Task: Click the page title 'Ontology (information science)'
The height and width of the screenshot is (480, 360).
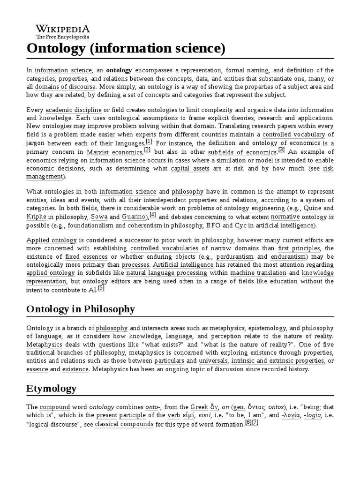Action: tap(126, 48)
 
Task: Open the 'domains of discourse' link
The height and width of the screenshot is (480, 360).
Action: tap(65, 87)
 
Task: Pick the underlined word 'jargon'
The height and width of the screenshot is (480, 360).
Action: tap(35, 143)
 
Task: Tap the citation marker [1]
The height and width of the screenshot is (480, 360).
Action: tap(149, 141)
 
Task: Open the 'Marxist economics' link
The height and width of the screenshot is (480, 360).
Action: tap(114, 152)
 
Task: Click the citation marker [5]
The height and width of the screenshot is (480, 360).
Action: tap(101, 288)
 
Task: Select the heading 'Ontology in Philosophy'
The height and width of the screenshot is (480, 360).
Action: tap(81, 309)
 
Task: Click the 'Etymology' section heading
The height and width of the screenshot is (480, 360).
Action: tap(51, 389)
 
